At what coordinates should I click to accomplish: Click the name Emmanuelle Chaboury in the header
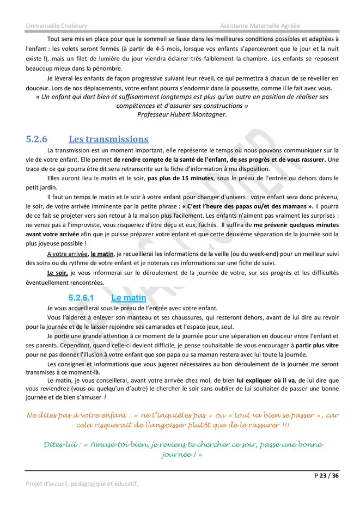click(x=56, y=26)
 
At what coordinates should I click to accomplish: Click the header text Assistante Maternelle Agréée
click(x=260, y=26)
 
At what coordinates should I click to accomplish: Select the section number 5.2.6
click(x=37, y=139)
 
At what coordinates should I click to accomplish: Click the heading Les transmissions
click(x=108, y=139)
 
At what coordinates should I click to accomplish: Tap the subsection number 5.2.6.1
click(x=81, y=298)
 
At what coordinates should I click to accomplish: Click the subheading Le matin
click(x=129, y=298)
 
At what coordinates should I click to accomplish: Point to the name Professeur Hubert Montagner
click(x=181, y=114)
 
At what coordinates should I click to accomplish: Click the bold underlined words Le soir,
click(x=57, y=272)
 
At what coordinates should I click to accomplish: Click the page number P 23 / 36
click(x=327, y=475)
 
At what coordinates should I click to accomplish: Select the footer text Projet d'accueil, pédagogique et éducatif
click(x=82, y=483)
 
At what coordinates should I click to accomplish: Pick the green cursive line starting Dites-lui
click(x=182, y=445)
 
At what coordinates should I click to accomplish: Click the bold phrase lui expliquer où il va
click(x=270, y=380)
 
